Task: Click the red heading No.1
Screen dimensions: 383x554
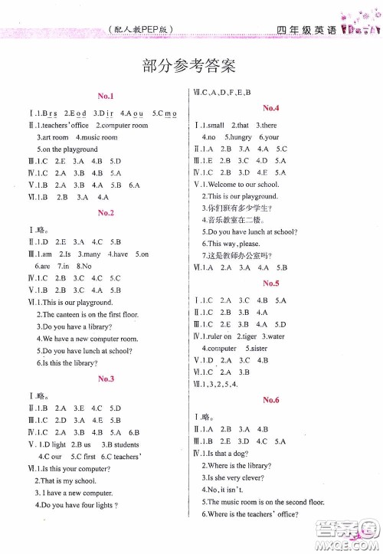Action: point(106,96)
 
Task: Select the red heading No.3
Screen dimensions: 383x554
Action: point(106,379)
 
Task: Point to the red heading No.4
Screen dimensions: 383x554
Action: point(270,108)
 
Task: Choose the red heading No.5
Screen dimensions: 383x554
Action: point(270,283)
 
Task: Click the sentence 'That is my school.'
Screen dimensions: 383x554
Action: point(69,480)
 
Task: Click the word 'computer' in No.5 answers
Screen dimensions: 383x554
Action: point(222,348)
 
